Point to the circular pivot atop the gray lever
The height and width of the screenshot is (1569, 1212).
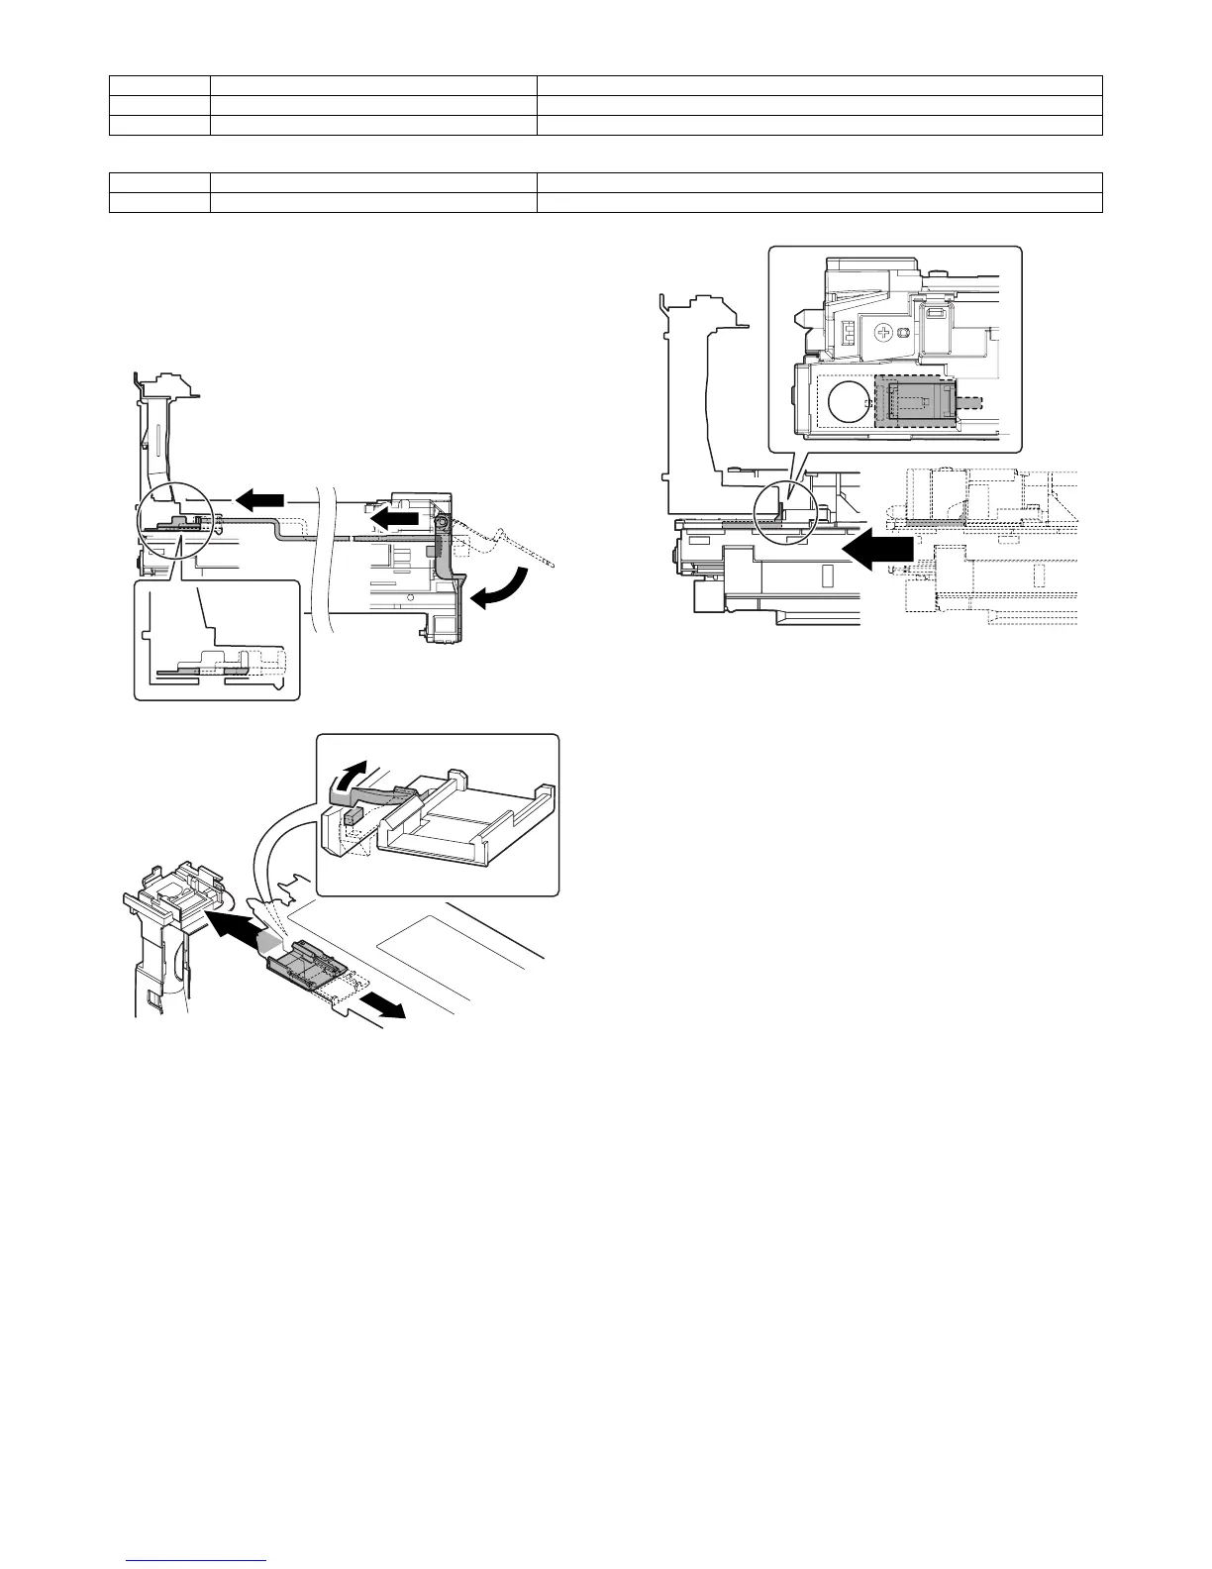coord(443,521)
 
